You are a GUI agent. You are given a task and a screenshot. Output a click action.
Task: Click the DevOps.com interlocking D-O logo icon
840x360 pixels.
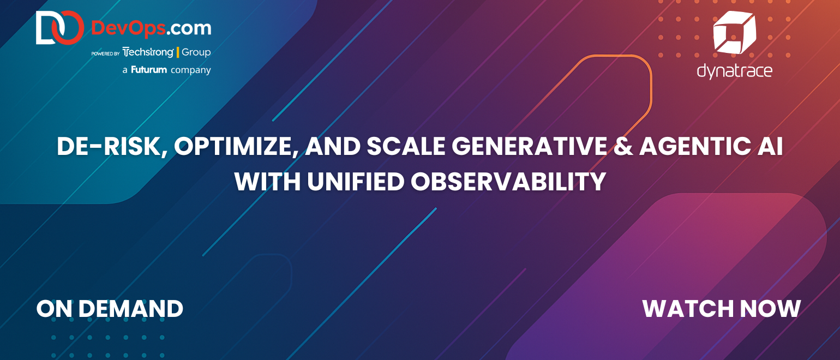[60, 27]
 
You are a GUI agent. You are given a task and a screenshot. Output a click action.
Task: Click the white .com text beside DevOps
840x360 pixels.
[189, 29]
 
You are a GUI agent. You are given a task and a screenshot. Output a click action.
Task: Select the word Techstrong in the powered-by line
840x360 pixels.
[148, 52]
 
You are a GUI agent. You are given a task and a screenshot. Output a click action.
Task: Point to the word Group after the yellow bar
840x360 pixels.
[196, 52]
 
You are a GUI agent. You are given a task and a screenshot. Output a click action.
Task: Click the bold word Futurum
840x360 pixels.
[149, 70]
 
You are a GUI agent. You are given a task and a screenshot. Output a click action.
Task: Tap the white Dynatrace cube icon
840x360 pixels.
[734, 32]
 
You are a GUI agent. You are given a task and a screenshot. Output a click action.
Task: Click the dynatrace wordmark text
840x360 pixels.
[735, 71]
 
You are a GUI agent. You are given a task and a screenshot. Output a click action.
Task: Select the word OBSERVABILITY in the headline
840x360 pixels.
[508, 182]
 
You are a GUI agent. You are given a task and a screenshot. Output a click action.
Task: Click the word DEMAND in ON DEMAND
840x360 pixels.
[130, 309]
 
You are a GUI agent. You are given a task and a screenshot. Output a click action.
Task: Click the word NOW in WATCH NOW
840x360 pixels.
[770, 309]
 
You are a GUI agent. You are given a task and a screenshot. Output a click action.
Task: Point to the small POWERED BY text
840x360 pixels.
[105, 53]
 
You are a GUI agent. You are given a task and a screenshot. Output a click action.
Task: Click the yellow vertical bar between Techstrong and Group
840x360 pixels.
[177, 52]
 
